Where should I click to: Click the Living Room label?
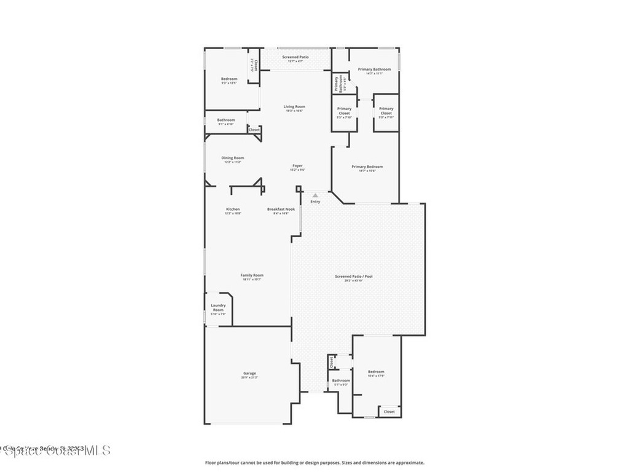tap(295, 106)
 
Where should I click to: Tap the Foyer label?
tap(297, 165)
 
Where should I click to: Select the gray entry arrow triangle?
tap(315, 195)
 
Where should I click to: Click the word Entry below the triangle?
tap(315, 202)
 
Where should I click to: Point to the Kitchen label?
tap(232, 209)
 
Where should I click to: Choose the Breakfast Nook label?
tap(281, 209)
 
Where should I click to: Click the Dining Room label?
tap(233, 157)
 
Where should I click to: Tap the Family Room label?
tap(251, 275)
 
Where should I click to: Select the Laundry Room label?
tap(218, 307)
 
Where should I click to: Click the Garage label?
tap(249, 373)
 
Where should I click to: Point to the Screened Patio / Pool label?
tap(354, 277)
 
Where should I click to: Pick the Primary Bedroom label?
tap(367, 167)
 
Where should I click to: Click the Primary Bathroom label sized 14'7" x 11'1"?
tap(375, 69)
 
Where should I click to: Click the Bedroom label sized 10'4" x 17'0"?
tap(376, 371)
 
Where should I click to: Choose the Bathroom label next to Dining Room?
tap(225, 120)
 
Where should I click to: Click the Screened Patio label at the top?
tap(295, 57)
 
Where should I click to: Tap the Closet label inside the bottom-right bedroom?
tap(389, 412)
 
